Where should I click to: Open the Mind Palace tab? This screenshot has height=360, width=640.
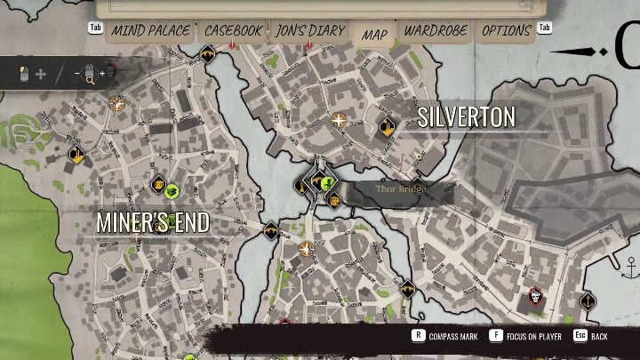(x=149, y=31)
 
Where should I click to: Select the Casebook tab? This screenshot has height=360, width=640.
(x=233, y=31)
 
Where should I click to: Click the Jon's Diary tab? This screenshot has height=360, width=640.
(x=309, y=31)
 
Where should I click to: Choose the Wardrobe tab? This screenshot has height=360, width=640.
(x=436, y=31)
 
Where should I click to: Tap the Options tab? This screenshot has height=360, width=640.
(x=506, y=31)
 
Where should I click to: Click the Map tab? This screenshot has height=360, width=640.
(x=374, y=35)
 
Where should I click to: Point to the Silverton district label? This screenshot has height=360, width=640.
(x=467, y=117)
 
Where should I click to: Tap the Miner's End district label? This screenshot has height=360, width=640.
(x=153, y=222)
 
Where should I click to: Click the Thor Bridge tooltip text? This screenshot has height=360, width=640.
(x=401, y=189)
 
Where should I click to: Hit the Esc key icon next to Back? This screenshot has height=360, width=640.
(x=580, y=337)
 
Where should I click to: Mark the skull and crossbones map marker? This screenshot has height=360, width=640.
(x=536, y=296)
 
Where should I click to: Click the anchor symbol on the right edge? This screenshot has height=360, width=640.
(x=632, y=266)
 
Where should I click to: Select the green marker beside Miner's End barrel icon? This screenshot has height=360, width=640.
(x=172, y=189)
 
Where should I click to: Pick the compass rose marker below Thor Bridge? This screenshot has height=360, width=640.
(x=307, y=249)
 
